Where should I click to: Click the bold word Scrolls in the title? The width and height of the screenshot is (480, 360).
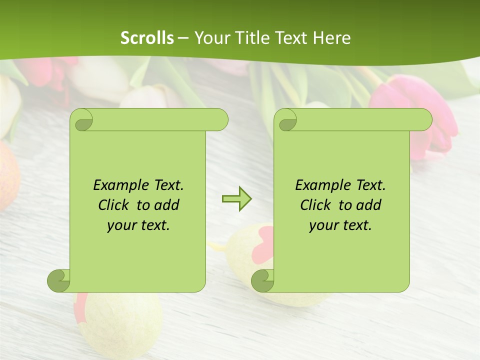[x=147, y=38]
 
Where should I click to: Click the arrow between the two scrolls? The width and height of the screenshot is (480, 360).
[x=236, y=199]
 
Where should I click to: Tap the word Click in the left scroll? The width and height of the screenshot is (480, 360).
[x=113, y=205]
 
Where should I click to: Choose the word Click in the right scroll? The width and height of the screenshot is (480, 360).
[x=315, y=205]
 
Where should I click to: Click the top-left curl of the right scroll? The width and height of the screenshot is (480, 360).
[x=286, y=120]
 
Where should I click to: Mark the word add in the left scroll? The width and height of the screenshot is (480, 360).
[x=166, y=205]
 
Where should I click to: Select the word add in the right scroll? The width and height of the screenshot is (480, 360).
[x=368, y=205]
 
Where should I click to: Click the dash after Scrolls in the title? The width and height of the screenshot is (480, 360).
[x=183, y=38]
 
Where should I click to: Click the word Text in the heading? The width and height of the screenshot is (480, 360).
[x=289, y=38]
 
